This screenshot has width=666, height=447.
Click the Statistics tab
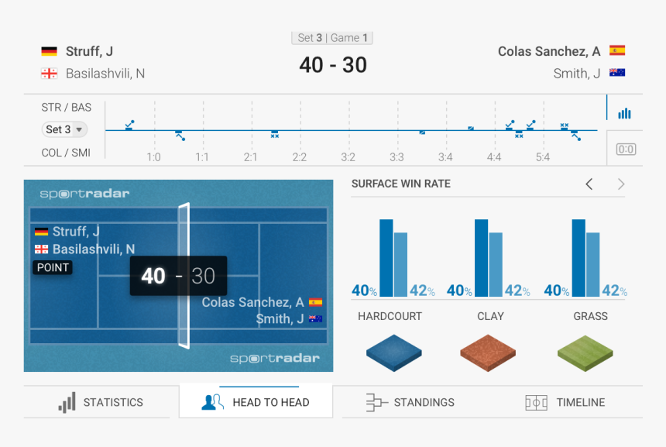tap(101, 402)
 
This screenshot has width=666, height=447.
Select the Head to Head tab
tap(256, 402)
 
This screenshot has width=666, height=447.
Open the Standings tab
tap(410, 402)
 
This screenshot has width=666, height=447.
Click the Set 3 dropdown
tap(65, 129)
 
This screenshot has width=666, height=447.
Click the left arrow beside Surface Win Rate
tap(589, 184)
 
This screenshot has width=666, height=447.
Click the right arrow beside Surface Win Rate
tap(620, 184)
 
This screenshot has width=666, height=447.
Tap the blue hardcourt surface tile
tap(394, 352)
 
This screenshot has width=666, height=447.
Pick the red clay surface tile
tap(488, 352)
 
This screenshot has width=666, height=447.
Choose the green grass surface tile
tap(585, 352)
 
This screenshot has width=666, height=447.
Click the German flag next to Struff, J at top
tap(50, 51)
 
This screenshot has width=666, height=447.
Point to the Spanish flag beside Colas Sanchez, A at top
tap(617, 51)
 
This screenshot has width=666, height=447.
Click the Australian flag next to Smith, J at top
tap(617, 73)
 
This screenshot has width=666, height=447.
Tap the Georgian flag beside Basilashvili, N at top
tap(50, 74)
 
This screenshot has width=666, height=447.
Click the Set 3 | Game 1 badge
tap(332, 38)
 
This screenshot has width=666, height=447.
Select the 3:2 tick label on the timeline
tap(348, 157)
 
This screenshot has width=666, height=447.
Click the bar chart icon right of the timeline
tap(624, 114)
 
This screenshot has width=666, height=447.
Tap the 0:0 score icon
tap(626, 149)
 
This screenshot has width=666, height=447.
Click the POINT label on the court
tap(53, 267)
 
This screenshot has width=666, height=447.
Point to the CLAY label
tap(490, 316)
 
